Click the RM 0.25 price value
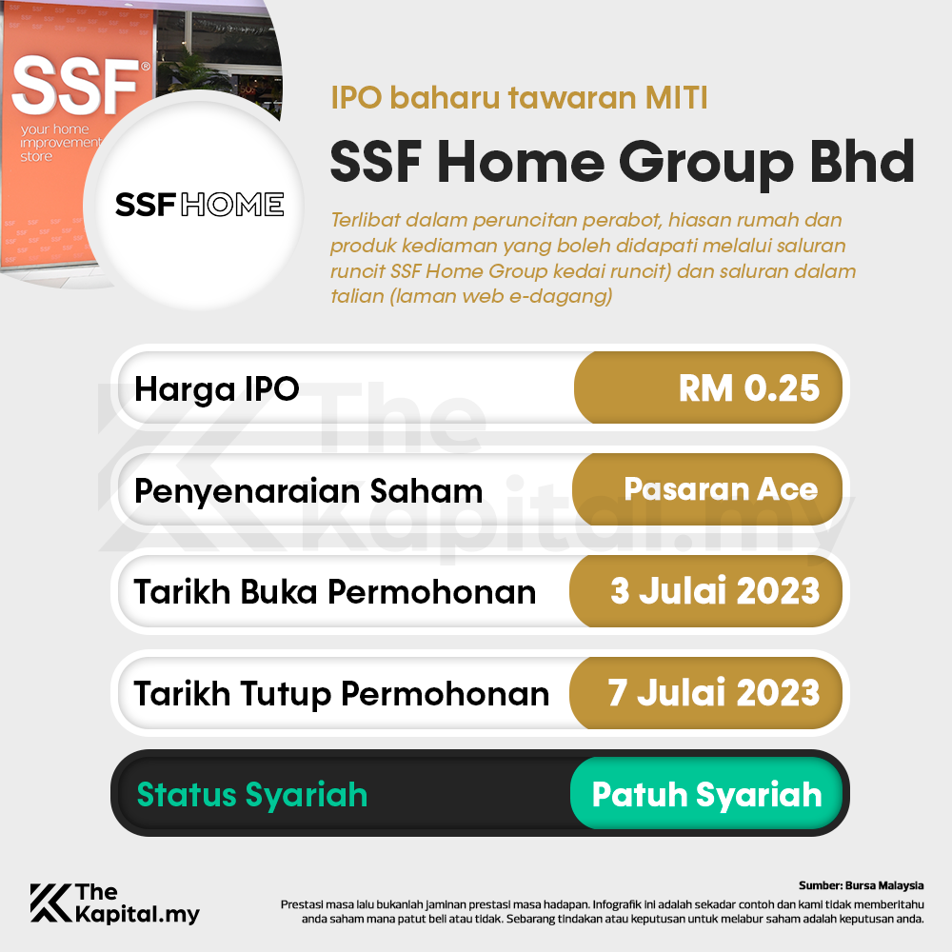coord(748,388)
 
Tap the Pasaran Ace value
coord(721,489)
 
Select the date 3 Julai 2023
coord(715,591)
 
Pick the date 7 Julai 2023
coord(714,693)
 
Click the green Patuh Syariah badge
coord(706,794)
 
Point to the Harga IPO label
coord(217,388)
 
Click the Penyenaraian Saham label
coord(308,491)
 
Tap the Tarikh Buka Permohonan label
coord(335,592)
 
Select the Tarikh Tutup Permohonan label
coord(342,694)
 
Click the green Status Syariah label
coord(252,795)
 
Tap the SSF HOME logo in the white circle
coord(199,204)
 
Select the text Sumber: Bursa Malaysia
coord(862,885)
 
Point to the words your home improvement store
coord(59,142)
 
